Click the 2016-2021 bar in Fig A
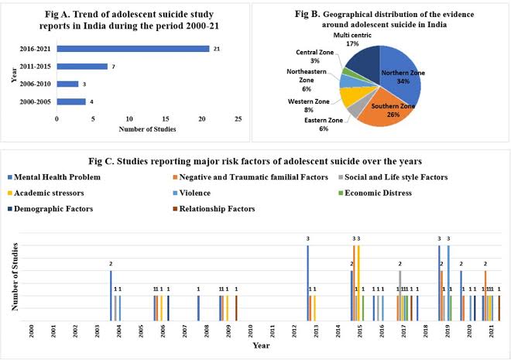pyautogui.click(x=132, y=49)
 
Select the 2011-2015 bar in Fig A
pyautogui.click(x=82, y=66)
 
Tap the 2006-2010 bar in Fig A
pyautogui.click(x=67, y=84)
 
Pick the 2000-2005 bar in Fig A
pyautogui.click(x=71, y=101)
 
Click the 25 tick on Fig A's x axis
pyautogui.click(x=238, y=119)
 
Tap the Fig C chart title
pyautogui.click(x=256, y=162)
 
